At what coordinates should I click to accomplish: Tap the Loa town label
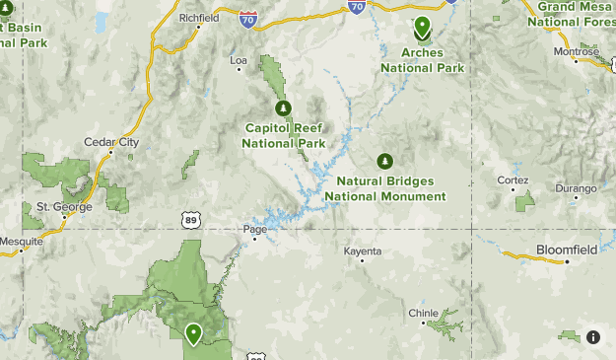(x=239, y=61)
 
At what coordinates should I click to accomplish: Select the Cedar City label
(x=111, y=142)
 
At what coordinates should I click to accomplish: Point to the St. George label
(x=64, y=207)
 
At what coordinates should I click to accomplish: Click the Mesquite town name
(x=21, y=241)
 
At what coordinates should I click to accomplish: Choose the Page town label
(x=254, y=230)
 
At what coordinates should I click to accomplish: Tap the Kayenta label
(x=362, y=252)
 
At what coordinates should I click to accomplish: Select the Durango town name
(x=576, y=188)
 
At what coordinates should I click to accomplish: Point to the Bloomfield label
(x=567, y=250)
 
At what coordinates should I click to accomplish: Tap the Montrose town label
(x=576, y=51)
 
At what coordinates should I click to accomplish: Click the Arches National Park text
(x=423, y=60)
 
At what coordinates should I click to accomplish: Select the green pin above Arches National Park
(x=423, y=28)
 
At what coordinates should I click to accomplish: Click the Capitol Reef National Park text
(x=284, y=135)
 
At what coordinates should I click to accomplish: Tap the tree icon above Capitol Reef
(x=283, y=108)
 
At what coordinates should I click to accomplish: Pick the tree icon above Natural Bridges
(x=384, y=161)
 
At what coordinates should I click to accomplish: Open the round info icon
(x=593, y=336)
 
